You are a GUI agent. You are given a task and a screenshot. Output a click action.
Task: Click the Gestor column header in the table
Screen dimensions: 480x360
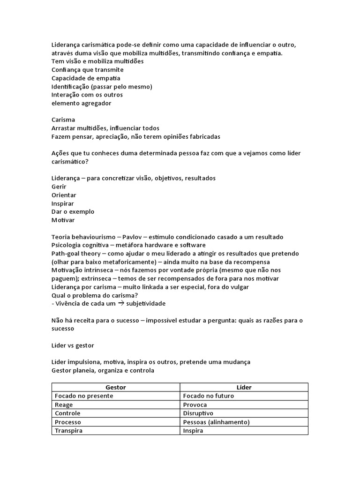click(x=116, y=387)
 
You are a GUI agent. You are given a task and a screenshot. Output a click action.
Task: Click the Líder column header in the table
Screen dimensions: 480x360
click(x=244, y=387)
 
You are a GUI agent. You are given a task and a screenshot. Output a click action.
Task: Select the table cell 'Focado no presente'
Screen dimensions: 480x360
click(x=84, y=396)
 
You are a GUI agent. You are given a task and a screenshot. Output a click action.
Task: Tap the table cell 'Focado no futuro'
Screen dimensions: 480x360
click(x=209, y=396)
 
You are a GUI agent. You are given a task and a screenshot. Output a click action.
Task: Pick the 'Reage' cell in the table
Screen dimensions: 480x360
click(x=64, y=405)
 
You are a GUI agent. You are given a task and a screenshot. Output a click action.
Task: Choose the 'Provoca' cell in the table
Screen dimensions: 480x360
click(x=195, y=405)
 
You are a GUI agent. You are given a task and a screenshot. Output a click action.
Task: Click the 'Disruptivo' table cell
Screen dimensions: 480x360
click(x=198, y=413)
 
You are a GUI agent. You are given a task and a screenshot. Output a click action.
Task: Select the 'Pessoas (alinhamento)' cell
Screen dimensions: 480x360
click(x=217, y=422)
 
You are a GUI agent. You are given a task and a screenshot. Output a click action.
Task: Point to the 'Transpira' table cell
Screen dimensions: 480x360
click(x=68, y=430)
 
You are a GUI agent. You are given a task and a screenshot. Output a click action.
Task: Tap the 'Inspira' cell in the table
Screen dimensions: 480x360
click(x=193, y=430)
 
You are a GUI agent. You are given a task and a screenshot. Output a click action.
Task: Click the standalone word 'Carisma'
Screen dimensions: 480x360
click(x=63, y=120)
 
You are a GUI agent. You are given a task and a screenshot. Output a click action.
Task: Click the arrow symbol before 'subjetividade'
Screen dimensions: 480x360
click(x=121, y=303)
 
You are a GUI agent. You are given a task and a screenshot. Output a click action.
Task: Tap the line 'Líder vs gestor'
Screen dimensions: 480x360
click(x=73, y=345)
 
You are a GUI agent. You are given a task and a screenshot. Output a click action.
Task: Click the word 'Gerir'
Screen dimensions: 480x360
click(x=59, y=187)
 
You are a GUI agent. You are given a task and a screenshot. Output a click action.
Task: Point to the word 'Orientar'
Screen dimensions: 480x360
click(x=64, y=195)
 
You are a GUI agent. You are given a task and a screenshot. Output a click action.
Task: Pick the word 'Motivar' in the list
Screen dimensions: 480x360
click(x=63, y=220)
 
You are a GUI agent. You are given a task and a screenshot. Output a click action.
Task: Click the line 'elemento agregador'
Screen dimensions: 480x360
click(x=81, y=103)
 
